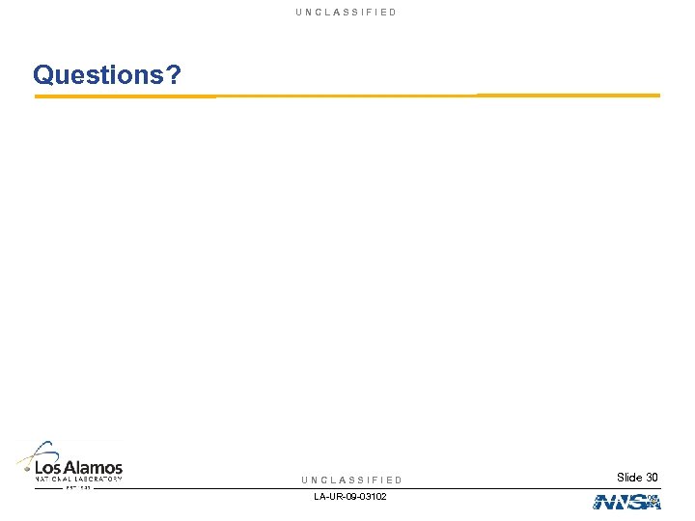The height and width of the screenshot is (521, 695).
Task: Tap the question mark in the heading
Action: (174, 74)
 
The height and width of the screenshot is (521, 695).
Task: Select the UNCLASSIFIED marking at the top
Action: (347, 12)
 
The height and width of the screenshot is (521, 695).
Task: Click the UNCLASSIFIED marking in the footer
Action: (351, 480)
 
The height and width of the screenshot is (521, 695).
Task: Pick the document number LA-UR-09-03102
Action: (350, 496)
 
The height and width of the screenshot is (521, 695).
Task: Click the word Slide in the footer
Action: (628, 478)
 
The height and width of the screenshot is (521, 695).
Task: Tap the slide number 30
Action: (652, 478)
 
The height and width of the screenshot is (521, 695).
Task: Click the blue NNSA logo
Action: (626, 502)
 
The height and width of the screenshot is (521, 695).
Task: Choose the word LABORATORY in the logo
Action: (99, 479)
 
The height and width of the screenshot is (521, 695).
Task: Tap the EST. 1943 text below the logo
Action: (78, 487)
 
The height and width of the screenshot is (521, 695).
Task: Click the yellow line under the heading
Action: (347, 96)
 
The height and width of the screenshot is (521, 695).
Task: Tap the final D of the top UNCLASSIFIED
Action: (393, 12)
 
